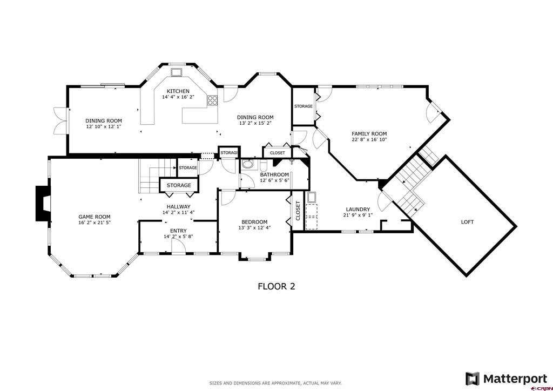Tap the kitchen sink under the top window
pyautogui.click(x=177, y=72)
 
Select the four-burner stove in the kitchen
pyautogui.click(x=213, y=100)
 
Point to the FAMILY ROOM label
pyautogui.click(x=369, y=133)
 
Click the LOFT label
pyautogui.click(x=467, y=222)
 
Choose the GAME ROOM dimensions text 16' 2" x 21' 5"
pyautogui.click(x=95, y=223)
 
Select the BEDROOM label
pyautogui.click(x=254, y=222)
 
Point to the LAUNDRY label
pyautogui.click(x=358, y=210)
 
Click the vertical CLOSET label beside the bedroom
pyautogui.click(x=298, y=211)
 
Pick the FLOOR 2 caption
pyautogui.click(x=276, y=286)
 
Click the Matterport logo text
pyautogui.click(x=515, y=379)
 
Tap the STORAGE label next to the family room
pyautogui.click(x=304, y=106)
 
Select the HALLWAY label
pyautogui.click(x=178, y=207)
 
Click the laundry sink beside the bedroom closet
pyautogui.click(x=312, y=197)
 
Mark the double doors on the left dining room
pyautogui.click(x=60, y=121)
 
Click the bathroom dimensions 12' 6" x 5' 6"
pyautogui.click(x=274, y=180)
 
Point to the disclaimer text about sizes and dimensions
pyautogui.click(x=275, y=383)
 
